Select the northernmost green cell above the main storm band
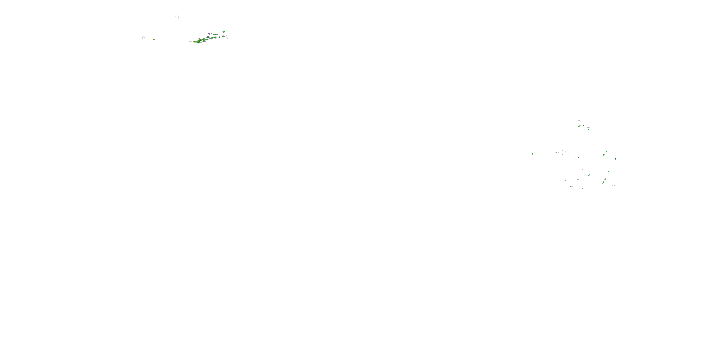224,32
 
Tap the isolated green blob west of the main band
154,39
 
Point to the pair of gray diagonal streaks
143,38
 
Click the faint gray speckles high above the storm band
178,17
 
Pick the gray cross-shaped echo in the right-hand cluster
588,127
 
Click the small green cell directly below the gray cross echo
588,129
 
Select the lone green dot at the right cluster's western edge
533,154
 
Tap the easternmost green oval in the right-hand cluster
615,158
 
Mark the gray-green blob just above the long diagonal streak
606,179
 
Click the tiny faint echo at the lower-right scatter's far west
526,183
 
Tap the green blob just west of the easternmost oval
604,155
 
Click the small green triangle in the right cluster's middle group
557,153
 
